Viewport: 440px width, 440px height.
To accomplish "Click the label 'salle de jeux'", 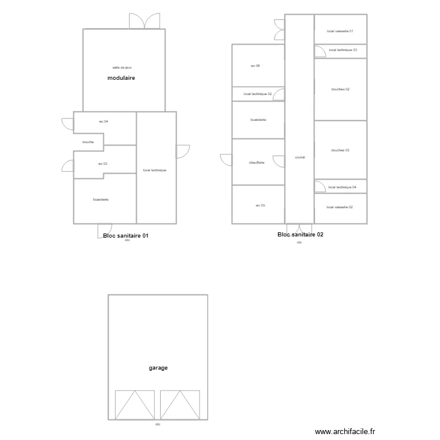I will (x=122, y=67).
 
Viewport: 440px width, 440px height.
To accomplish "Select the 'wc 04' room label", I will (x=103, y=121).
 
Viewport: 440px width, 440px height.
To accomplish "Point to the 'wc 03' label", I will (x=103, y=164).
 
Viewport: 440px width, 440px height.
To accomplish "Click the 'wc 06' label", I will (x=255, y=66).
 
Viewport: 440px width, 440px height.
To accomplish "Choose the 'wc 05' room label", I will (x=260, y=205).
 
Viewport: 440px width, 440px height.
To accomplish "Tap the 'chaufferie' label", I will (x=257, y=163).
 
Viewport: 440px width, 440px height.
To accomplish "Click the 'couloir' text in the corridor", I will (x=299, y=157).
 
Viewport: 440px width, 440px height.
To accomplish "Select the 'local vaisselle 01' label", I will (x=340, y=31).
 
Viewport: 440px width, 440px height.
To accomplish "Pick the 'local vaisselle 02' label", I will (x=340, y=207).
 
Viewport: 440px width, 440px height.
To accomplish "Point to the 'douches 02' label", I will (x=340, y=89).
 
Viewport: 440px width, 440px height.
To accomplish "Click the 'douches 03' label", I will (x=340, y=150).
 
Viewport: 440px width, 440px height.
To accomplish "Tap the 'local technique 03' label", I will (x=343, y=50).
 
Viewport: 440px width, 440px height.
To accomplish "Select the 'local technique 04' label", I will (x=343, y=187).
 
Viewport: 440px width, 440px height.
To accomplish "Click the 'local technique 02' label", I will (x=258, y=94).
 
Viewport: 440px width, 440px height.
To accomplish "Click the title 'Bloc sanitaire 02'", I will (x=300, y=235).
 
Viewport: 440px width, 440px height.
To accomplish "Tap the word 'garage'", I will (x=158, y=368).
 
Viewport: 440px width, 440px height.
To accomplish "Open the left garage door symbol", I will (x=134, y=405).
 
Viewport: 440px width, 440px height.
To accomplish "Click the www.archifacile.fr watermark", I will (x=344, y=431).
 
